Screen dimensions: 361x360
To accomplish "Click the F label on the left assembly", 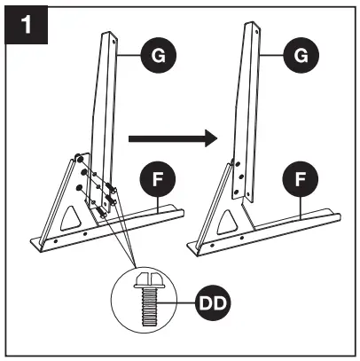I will pos(157,178).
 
